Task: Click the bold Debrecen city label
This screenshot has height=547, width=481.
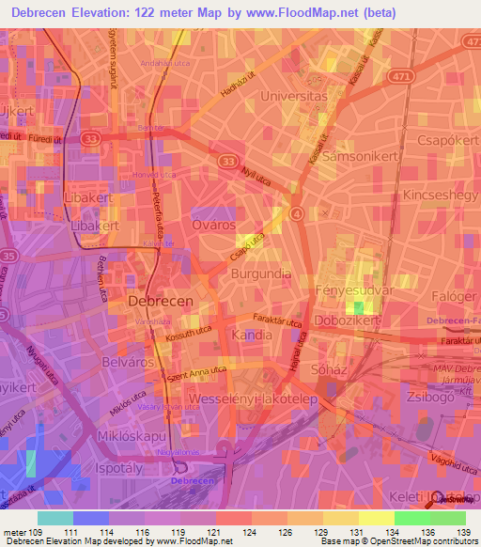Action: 160,301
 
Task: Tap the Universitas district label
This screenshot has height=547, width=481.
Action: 293,96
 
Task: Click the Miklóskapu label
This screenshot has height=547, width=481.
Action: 131,437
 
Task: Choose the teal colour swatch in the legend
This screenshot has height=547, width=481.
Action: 55,518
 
